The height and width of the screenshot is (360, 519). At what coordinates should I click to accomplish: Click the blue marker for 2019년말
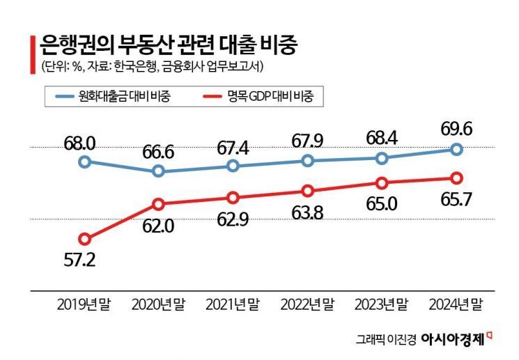[84, 162]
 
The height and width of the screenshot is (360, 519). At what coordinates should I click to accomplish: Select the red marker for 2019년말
[84, 239]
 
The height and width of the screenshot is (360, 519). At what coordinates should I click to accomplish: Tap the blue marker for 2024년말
[456, 148]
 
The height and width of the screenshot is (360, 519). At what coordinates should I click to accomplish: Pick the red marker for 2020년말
[159, 204]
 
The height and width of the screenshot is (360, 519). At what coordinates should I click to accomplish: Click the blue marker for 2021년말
[233, 166]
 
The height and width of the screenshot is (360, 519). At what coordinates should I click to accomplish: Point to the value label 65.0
[382, 207]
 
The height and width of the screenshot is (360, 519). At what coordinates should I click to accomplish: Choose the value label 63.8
[308, 214]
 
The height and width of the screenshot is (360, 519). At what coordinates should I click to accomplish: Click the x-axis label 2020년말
[160, 304]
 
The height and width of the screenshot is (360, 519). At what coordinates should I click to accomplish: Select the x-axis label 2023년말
[382, 304]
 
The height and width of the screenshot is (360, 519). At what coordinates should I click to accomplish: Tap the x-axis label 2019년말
[84, 304]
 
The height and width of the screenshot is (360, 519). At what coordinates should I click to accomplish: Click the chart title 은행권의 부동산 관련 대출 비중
[168, 46]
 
